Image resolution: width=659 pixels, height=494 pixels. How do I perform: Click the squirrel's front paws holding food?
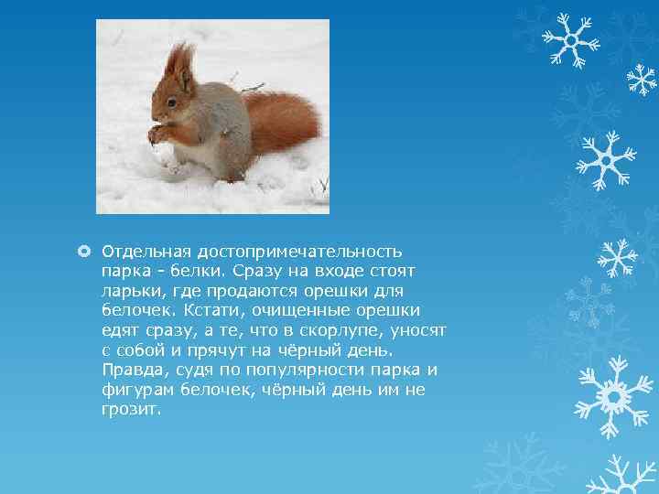(x=157, y=134)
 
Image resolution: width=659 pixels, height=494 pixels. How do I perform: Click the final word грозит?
(x=131, y=410)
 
